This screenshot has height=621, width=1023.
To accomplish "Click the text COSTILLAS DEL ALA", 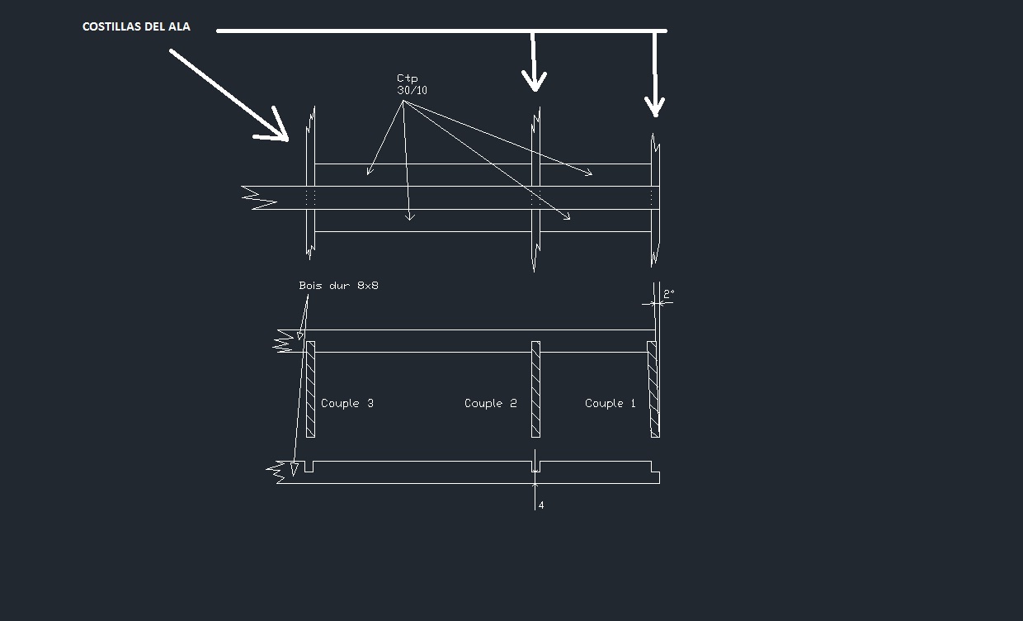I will (x=136, y=27).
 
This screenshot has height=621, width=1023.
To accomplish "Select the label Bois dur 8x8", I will (x=338, y=286).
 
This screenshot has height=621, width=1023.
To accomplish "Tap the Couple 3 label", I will (x=346, y=404).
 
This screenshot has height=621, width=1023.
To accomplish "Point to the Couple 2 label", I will (x=490, y=404).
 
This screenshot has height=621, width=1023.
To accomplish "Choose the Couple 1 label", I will (x=610, y=404).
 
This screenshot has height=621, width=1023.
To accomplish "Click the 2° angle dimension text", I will (x=668, y=293).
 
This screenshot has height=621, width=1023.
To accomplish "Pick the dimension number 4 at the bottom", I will (x=541, y=505).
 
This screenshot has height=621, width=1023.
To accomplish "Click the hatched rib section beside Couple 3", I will (x=310, y=389).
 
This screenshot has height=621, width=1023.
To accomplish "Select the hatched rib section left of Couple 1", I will (x=653, y=389).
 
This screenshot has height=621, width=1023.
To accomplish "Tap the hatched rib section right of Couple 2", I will (x=535, y=389).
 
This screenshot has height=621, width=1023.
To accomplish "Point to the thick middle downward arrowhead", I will (x=535, y=82).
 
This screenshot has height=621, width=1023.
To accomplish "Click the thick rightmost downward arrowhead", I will (x=655, y=107).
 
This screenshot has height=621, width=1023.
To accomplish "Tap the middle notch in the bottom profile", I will (x=535, y=467).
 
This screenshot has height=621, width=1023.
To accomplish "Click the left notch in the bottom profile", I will (x=309, y=467).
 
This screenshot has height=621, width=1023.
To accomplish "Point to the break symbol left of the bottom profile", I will (x=278, y=470).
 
